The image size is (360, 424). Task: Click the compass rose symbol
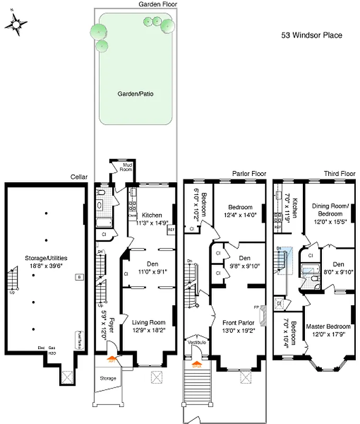(17, 25)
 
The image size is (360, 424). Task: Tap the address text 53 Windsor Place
(311, 36)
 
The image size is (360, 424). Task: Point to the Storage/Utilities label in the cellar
(46, 258)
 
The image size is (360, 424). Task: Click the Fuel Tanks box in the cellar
(79, 337)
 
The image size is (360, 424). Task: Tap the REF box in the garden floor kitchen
(171, 230)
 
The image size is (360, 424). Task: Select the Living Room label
(148, 322)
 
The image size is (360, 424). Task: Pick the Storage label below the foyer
(108, 378)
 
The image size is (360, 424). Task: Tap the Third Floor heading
(339, 173)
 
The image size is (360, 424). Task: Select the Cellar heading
(79, 176)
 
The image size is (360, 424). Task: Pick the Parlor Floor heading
(249, 173)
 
